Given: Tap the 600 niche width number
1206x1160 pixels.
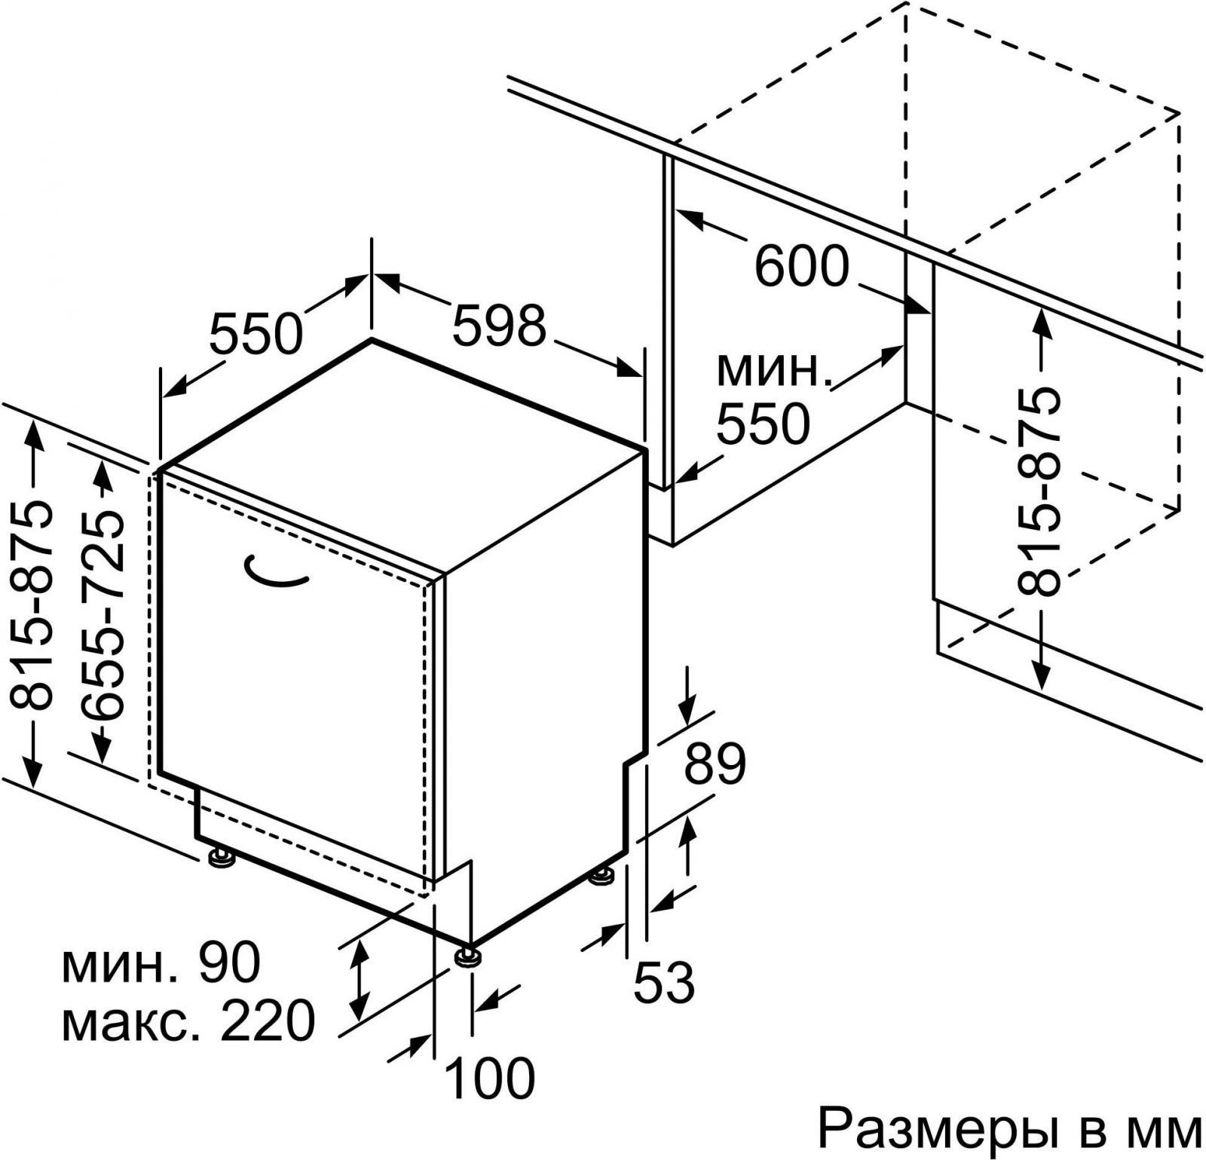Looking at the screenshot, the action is pos(802,267).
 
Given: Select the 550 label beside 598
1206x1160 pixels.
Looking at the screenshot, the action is pos(256,333).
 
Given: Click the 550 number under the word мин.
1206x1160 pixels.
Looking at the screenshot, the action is pos(763,424).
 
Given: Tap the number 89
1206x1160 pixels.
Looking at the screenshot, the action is pos(715,764).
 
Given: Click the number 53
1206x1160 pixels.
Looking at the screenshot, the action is pos(663,981).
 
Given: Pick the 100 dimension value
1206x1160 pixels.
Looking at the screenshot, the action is pos(490,1078).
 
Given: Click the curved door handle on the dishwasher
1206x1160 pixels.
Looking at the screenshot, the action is pos(276,571).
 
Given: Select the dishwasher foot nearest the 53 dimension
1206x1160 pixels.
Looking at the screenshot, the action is pos(602,877).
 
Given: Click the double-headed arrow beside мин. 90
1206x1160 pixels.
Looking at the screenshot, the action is pos(360,979).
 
